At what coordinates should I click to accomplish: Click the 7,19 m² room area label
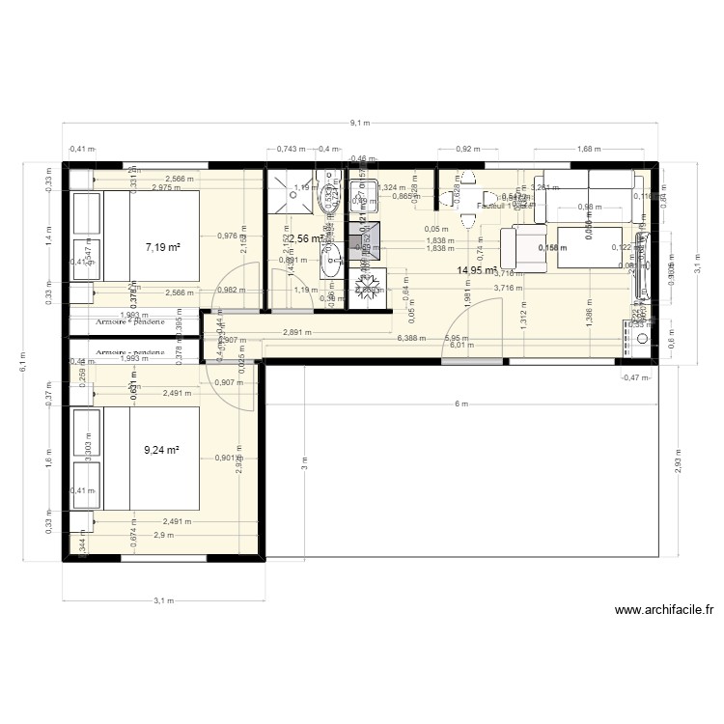(163, 248)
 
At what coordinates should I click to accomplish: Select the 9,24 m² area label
(163, 450)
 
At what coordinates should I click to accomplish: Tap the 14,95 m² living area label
(477, 271)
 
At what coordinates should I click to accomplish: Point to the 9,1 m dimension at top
(361, 124)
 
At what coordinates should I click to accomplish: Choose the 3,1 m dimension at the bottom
(163, 599)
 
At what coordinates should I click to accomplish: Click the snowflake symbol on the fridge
(368, 287)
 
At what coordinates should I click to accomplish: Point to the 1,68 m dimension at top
(586, 150)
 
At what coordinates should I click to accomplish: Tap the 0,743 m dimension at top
(290, 150)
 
